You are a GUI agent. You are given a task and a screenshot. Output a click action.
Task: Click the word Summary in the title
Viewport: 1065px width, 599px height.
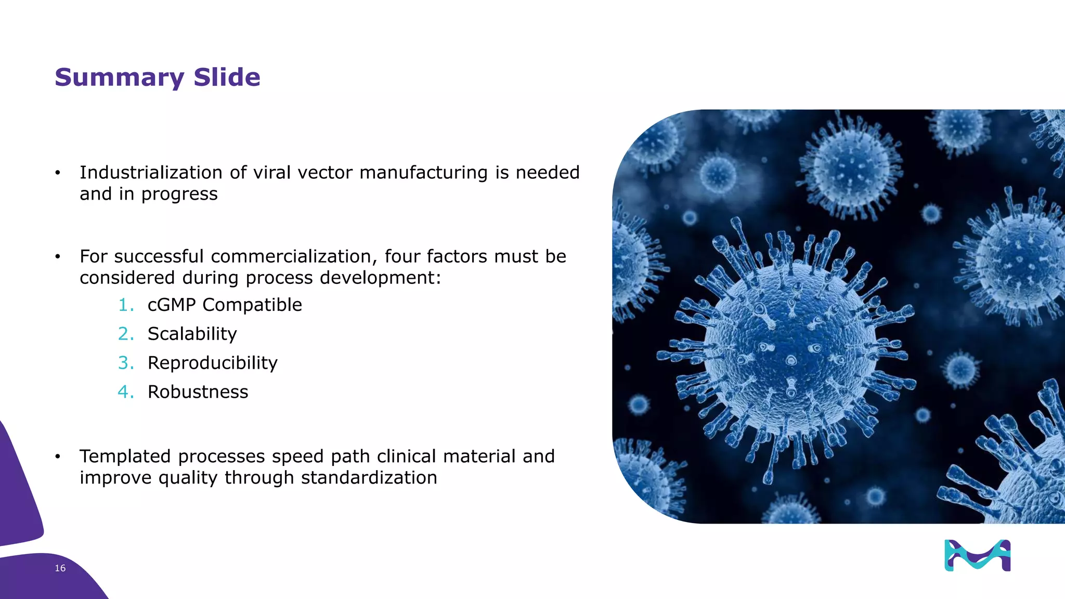[119, 78]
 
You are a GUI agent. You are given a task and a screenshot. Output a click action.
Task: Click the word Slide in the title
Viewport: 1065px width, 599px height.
[227, 77]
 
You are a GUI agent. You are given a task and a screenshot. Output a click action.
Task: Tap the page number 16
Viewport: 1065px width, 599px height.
[60, 568]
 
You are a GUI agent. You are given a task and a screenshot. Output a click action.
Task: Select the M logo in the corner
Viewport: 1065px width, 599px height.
[977, 555]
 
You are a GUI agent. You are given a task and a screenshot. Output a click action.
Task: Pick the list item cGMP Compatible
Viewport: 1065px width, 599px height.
[225, 305]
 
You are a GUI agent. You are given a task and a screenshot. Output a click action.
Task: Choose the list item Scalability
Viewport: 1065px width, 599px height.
[192, 334]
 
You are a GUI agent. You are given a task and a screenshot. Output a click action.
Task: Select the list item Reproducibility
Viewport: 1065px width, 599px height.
[212, 363]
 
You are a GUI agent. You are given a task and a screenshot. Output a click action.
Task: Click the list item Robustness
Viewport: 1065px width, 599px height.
[198, 392]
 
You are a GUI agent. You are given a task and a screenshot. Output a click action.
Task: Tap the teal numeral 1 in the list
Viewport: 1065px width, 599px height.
[125, 305]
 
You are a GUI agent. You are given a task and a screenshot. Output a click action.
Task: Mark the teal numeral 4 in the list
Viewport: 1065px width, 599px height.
[125, 392]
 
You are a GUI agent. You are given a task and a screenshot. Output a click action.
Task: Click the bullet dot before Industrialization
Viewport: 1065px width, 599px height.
[58, 173]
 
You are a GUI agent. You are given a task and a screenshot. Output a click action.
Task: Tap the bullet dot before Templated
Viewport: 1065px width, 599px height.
[58, 457]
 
